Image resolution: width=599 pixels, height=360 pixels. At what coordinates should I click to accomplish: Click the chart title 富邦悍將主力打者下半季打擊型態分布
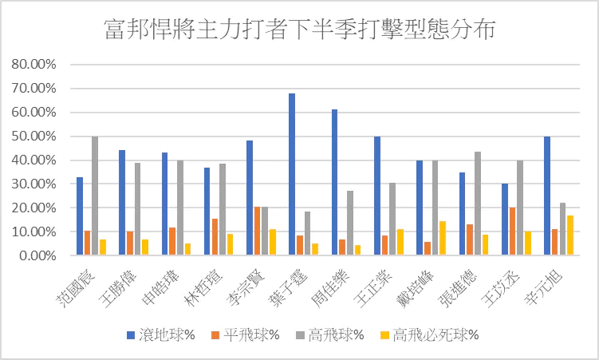tap(300, 30)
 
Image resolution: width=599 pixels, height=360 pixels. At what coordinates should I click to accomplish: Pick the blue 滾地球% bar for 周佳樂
tap(334, 183)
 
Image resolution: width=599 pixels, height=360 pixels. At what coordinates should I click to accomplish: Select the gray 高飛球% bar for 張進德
tap(477, 204)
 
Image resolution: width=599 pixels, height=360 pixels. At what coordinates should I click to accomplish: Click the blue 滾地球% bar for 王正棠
tap(377, 196)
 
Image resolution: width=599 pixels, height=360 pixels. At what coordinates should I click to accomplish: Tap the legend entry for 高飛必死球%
tap(435, 334)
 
